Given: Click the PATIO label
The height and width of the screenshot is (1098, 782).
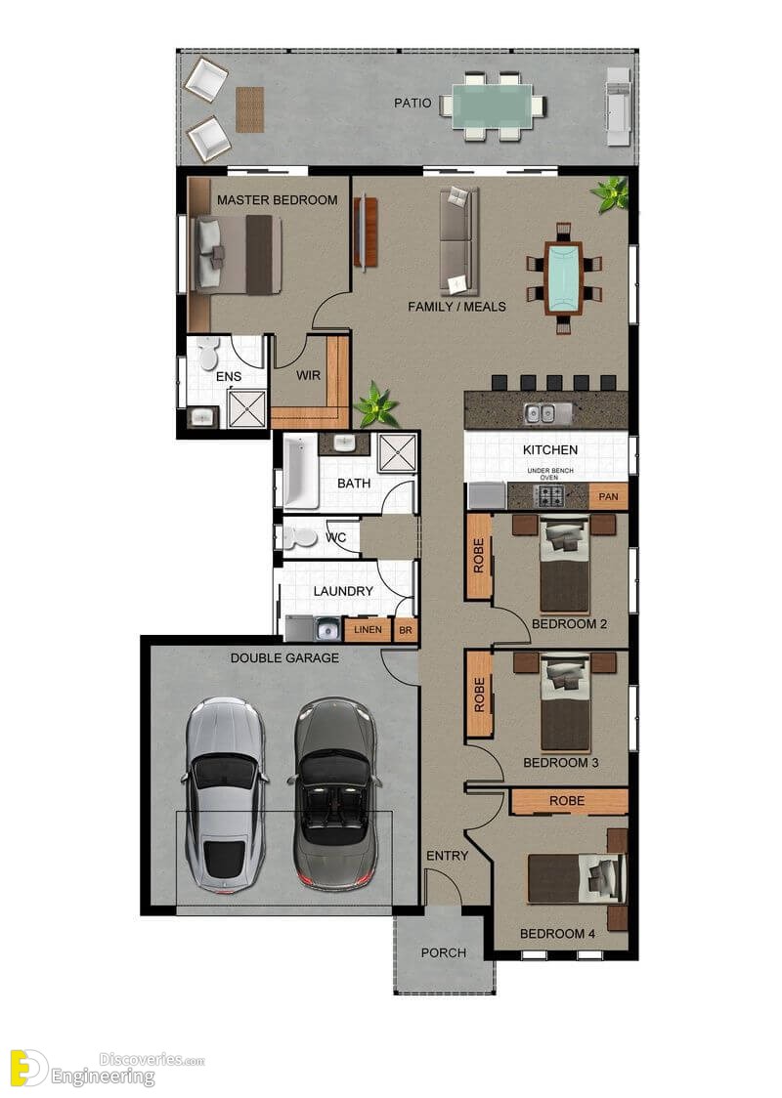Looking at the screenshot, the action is [x=413, y=103].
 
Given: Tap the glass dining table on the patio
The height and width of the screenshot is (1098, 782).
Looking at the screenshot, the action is [x=492, y=106].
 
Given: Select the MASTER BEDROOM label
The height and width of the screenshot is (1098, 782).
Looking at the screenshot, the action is [x=278, y=199].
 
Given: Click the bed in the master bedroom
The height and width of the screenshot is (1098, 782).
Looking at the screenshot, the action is [x=238, y=254].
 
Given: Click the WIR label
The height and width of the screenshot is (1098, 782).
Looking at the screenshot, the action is [x=308, y=375].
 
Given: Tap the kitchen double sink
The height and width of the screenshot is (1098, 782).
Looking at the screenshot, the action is [x=541, y=413].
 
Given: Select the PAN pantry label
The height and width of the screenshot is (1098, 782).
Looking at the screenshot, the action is [x=608, y=496].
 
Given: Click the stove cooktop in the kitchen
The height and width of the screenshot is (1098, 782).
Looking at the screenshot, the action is [x=548, y=496].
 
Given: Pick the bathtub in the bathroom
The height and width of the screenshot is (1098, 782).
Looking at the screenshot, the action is [x=301, y=471].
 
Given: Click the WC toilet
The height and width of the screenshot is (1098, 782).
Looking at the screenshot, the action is [x=297, y=537].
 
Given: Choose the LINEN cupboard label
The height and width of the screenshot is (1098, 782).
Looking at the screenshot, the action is [x=368, y=629].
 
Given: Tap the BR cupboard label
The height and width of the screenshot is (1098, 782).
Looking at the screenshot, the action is [x=406, y=630].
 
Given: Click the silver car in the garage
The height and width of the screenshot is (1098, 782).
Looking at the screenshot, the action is [x=225, y=795].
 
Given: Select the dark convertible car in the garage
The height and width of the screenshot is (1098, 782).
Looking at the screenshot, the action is [x=333, y=793].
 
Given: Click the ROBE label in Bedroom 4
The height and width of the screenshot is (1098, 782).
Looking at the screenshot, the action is [x=567, y=800].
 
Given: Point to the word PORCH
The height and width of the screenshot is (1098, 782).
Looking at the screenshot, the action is [x=444, y=952].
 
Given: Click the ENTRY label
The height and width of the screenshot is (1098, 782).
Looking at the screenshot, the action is [x=447, y=856].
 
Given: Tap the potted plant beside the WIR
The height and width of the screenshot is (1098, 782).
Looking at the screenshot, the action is [x=376, y=404].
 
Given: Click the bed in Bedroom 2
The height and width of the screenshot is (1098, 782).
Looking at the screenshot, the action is [x=564, y=565].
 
